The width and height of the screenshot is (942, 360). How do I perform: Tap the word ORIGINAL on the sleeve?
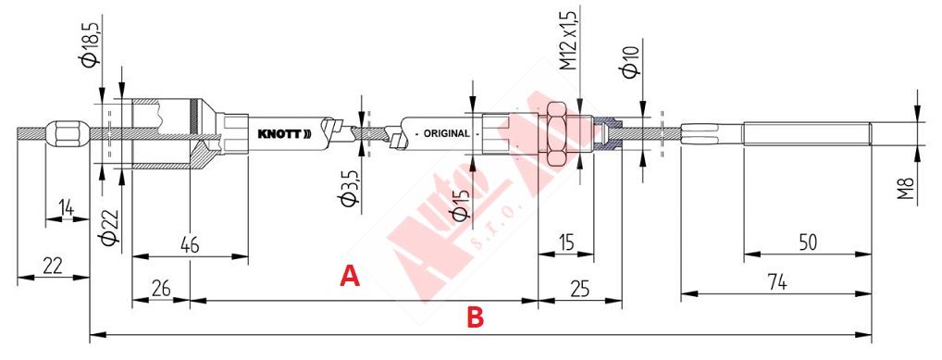[x=446, y=133]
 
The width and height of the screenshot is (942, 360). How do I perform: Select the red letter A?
[x=350, y=276]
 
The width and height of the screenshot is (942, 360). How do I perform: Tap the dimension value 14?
[x=67, y=208]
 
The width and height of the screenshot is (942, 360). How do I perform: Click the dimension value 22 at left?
[x=53, y=265]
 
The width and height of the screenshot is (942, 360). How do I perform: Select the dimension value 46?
[x=190, y=245]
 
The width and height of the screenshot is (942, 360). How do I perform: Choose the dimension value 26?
[x=160, y=289]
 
